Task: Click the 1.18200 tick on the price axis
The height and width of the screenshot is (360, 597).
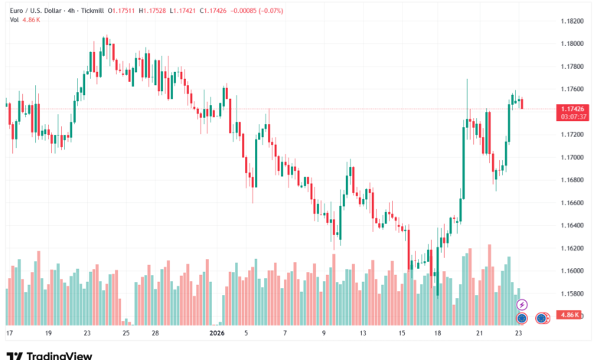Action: point(573,21)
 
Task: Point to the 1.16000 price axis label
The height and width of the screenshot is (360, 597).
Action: point(573,270)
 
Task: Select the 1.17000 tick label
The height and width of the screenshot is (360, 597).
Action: point(573,157)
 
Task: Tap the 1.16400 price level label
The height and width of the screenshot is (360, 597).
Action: point(573,225)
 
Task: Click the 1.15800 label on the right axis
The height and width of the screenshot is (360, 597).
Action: point(573,293)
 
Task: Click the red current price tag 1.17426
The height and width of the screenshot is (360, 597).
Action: point(573,109)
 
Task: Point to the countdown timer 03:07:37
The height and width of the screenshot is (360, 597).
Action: point(573,116)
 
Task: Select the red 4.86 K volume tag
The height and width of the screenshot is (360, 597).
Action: point(570,315)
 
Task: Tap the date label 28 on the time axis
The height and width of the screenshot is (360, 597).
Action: point(155,334)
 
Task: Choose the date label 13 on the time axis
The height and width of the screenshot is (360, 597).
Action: point(364,334)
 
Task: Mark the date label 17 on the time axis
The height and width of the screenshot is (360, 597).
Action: point(9,334)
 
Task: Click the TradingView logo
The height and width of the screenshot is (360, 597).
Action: point(49,355)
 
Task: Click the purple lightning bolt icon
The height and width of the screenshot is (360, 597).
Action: point(523,304)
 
